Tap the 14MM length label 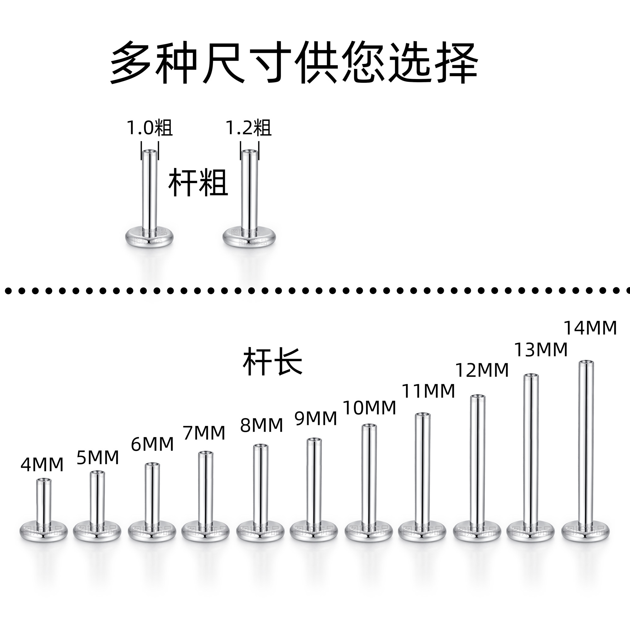pyautogui.click(x=590, y=328)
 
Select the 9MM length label pyautogui.click(x=316, y=418)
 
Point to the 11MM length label pyautogui.click(x=428, y=391)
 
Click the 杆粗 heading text pyautogui.click(x=198, y=183)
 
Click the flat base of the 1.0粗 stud pyautogui.click(x=149, y=236)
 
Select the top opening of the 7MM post pyautogui.click(x=206, y=453)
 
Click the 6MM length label pyautogui.click(x=152, y=444)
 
